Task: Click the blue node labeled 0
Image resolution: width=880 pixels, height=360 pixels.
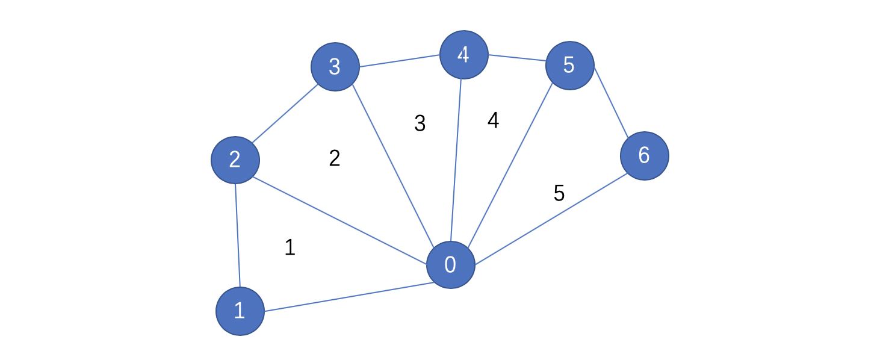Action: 451,264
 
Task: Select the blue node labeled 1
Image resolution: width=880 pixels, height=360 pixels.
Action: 240,311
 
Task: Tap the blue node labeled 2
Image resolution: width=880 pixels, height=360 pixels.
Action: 235,160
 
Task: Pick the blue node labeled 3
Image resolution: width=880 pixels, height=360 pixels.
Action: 335,67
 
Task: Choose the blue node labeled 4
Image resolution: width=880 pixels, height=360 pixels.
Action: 464,55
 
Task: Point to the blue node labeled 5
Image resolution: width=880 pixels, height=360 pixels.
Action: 570,65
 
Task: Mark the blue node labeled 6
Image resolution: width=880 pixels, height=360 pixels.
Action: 645,156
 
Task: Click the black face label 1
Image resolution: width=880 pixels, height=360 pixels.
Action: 290,247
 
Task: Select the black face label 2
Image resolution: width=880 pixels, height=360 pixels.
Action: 334,158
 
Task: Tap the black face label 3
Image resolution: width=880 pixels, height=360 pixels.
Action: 420,123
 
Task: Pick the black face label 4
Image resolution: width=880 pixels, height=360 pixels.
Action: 494,120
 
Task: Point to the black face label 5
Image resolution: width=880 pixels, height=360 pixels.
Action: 559,193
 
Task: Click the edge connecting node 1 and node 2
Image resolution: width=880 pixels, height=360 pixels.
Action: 238,235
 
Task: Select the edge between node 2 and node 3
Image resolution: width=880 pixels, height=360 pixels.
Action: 285,113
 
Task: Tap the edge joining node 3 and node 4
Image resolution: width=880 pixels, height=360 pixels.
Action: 400,61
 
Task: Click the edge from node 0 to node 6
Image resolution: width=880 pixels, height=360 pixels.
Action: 551,219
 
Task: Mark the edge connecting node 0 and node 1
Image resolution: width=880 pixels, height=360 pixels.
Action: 349,297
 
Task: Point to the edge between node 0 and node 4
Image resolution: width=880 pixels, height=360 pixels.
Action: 456,160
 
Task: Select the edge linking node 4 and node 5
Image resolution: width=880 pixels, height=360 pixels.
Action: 518,58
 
